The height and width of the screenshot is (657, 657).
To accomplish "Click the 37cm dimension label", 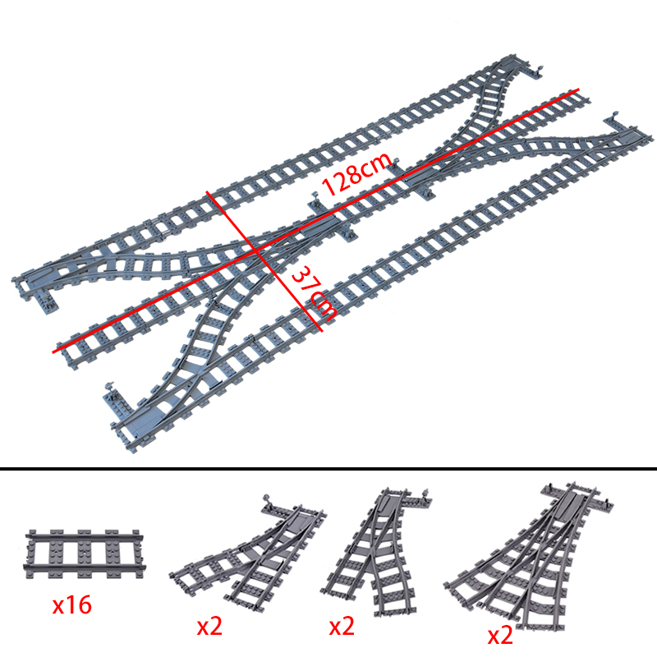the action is coord(313,292).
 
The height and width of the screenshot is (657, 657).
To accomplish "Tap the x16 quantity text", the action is coord(71,605).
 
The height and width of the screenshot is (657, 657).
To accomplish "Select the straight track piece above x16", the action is coord(85,554).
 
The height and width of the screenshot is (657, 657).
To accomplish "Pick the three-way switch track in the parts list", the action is coord(529,558).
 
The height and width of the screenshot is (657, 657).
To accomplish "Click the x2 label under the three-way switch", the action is coord(500,635).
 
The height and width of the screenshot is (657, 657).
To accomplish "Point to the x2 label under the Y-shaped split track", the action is coord(342,627).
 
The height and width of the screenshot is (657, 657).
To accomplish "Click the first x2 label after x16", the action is coord(209,627).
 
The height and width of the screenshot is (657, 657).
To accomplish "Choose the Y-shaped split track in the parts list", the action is coord(376,551).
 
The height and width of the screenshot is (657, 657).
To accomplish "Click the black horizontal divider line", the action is coord(328,468).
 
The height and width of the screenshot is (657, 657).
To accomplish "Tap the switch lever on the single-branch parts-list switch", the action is coord(267,499).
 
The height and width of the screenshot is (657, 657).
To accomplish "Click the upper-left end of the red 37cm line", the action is coord(207,192).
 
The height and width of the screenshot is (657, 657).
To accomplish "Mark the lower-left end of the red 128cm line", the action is coord(53,352).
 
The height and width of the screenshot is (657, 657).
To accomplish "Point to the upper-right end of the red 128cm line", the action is coord(579,90).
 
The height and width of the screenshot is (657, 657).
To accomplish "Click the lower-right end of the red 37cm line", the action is coord(322,331).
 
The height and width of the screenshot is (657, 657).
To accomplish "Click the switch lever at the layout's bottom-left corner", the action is coord(110,385).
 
